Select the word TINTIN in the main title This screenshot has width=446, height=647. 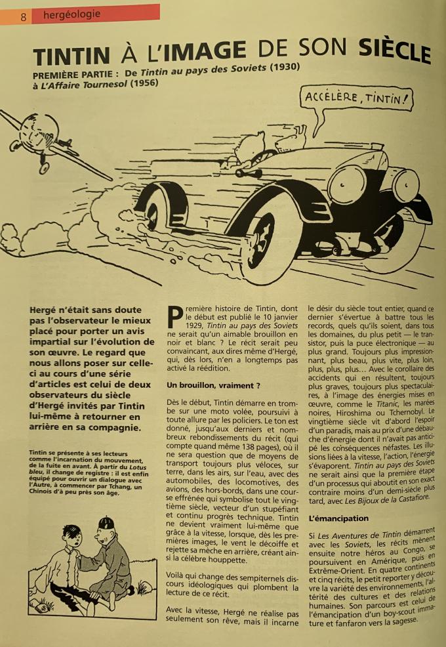coord(71,56)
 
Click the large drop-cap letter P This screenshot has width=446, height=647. coord(174,316)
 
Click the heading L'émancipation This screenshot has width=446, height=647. coord(338,519)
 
